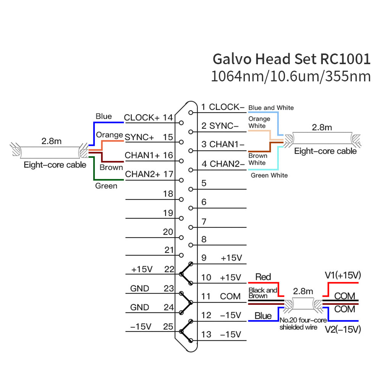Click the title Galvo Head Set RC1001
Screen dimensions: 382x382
click(x=291, y=59)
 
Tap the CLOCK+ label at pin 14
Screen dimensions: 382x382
click(x=142, y=118)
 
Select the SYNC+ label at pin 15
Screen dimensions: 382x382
click(x=139, y=136)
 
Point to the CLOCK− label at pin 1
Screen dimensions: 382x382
click(x=227, y=107)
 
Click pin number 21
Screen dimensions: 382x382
click(x=169, y=250)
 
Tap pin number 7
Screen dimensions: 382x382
click(x=204, y=222)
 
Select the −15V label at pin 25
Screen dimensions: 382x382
click(x=141, y=327)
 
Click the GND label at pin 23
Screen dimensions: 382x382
click(x=140, y=289)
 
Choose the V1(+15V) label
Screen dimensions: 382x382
click(x=343, y=275)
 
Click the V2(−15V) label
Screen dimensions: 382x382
click(x=343, y=329)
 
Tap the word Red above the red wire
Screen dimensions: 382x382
click(x=263, y=277)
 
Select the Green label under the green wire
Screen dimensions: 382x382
click(x=106, y=186)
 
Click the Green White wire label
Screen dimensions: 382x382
click(x=269, y=175)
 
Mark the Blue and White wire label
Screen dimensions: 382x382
click(x=271, y=108)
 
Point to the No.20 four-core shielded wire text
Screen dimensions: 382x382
click(x=298, y=324)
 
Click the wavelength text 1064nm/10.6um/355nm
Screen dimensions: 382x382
click(x=291, y=76)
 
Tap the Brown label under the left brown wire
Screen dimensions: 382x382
click(x=111, y=167)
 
